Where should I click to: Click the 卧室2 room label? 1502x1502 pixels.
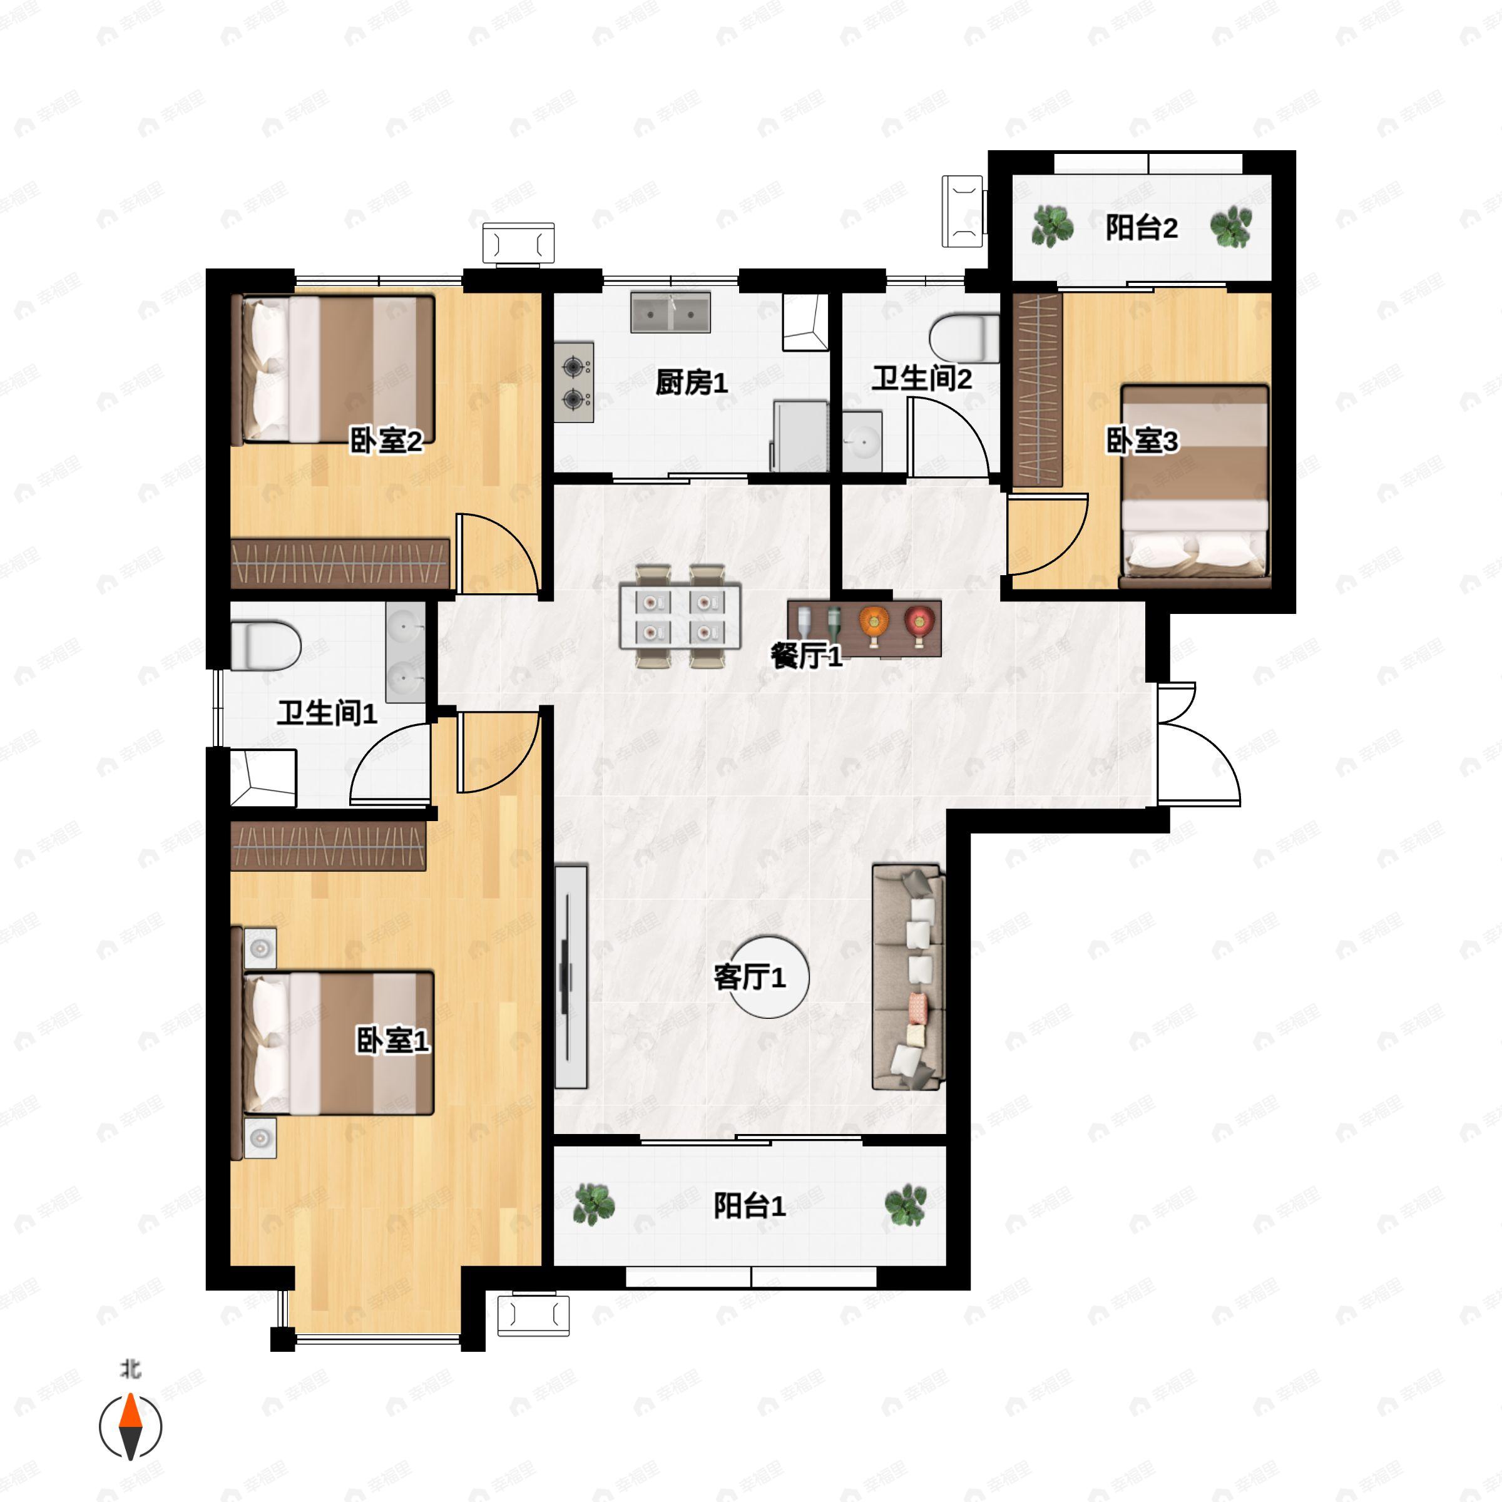click(x=386, y=442)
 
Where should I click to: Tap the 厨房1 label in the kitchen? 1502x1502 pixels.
click(x=691, y=382)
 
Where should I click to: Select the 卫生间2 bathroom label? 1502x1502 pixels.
click(x=922, y=379)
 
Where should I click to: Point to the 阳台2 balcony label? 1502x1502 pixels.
click(x=1142, y=228)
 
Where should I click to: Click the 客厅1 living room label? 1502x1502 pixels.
click(x=750, y=977)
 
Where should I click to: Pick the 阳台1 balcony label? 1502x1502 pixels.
click(x=750, y=1206)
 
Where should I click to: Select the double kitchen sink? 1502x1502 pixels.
click(x=670, y=312)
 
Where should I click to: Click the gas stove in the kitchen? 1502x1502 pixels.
click(x=575, y=382)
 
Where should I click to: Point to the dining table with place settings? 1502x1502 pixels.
click(x=680, y=616)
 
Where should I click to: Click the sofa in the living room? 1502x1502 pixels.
click(x=909, y=976)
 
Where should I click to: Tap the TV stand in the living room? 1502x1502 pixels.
click(x=571, y=976)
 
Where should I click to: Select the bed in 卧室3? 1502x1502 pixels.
click(x=1195, y=486)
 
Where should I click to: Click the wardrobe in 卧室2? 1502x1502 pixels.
click(x=340, y=563)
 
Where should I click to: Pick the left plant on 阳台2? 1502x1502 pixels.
click(x=1052, y=226)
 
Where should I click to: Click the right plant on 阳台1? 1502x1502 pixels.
click(x=906, y=1205)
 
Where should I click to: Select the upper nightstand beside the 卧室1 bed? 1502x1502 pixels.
click(x=260, y=948)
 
